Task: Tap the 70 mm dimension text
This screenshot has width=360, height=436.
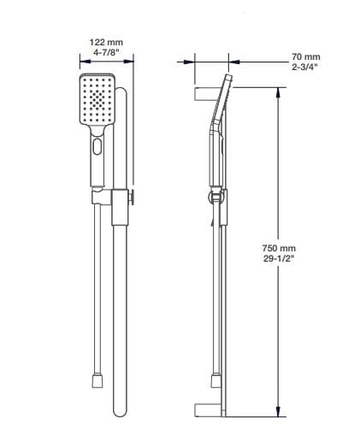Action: (x=305, y=56)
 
